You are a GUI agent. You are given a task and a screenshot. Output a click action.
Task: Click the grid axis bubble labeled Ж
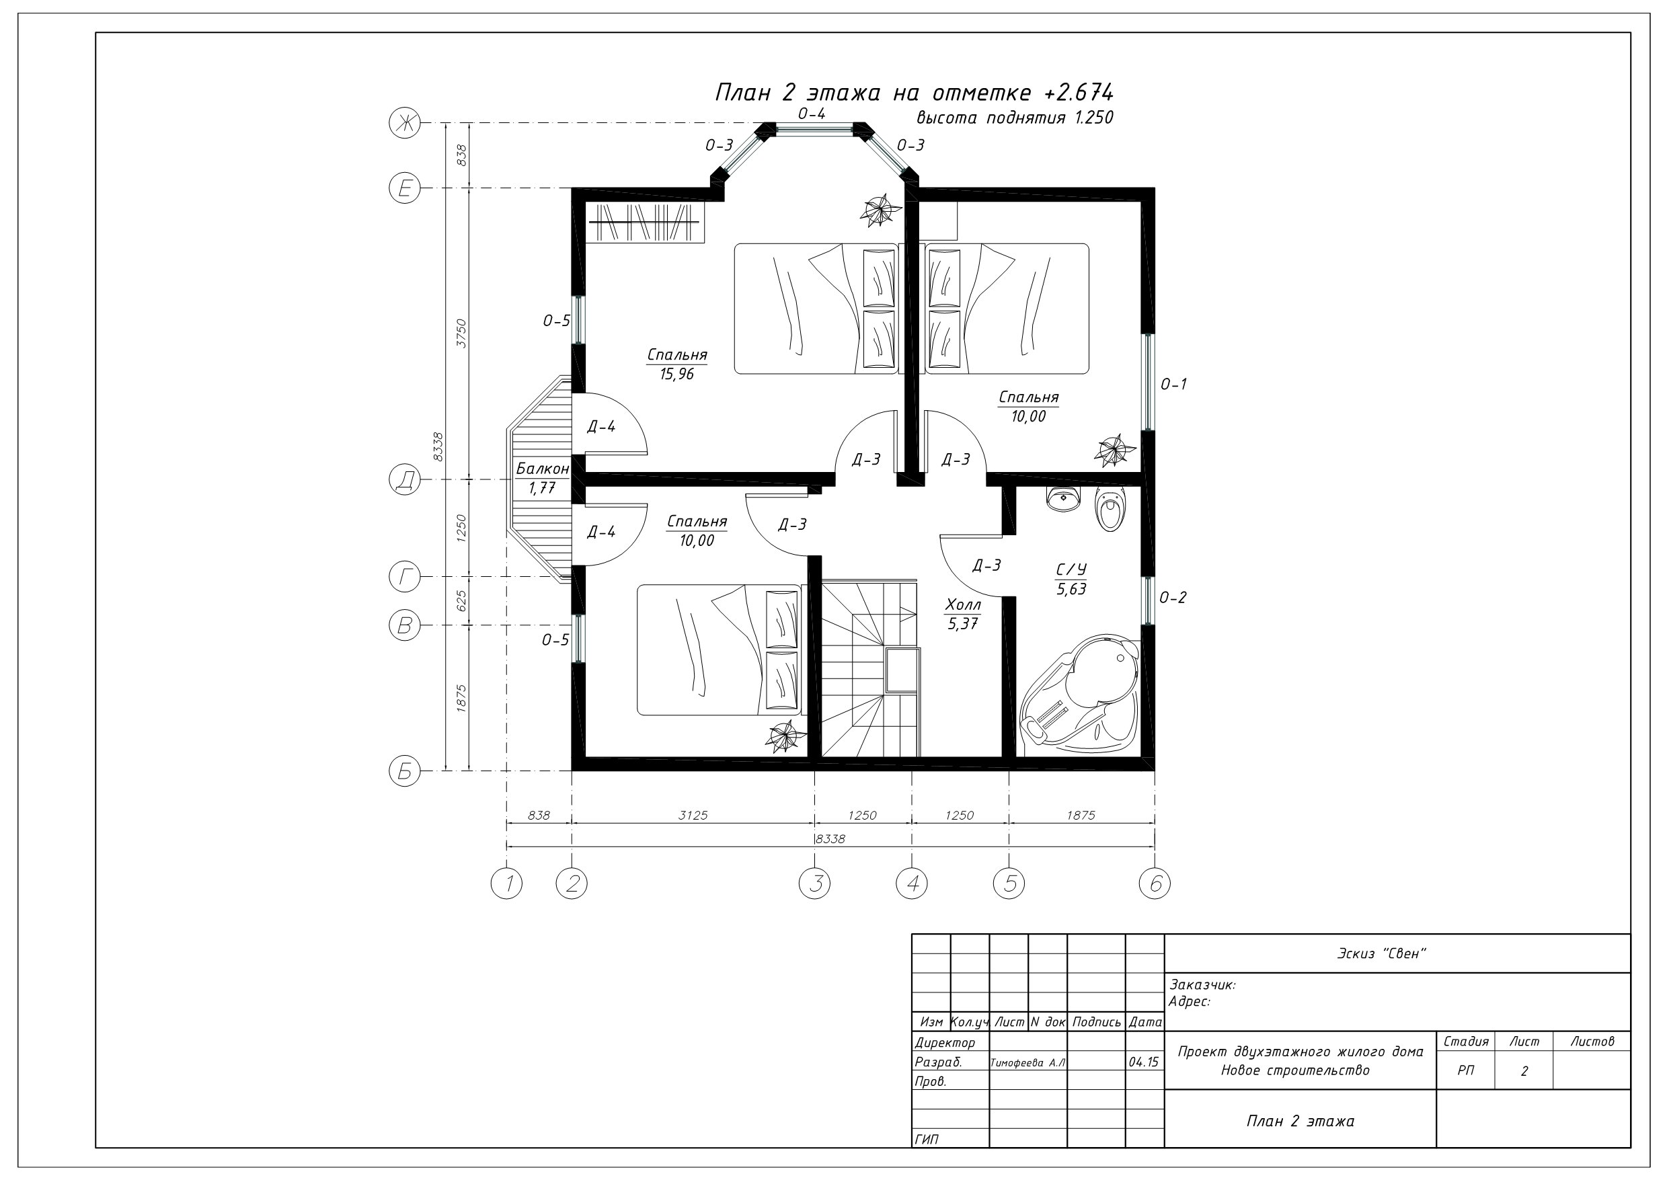[405, 123]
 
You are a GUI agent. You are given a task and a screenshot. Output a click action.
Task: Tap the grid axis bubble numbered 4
[913, 883]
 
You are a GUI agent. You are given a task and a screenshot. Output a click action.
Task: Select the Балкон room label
[542, 469]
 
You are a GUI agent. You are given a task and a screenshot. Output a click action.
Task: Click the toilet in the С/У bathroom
[1110, 509]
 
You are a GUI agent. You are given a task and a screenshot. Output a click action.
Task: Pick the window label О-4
[811, 114]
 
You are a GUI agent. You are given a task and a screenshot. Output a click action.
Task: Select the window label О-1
[1173, 384]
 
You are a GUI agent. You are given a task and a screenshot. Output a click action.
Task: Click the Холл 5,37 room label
[963, 614]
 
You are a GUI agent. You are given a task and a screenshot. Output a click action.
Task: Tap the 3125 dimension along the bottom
[693, 815]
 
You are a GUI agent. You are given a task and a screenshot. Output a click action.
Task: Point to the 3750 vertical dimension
[461, 333]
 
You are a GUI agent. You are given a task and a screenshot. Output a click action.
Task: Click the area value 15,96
[676, 375]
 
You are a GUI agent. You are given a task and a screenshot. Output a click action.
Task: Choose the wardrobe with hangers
[645, 222]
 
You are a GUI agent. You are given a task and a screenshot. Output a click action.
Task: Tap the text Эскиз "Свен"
[1382, 953]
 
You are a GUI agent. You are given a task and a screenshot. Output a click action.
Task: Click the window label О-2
[1173, 598]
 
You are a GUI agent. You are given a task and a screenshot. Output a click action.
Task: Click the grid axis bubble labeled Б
[405, 771]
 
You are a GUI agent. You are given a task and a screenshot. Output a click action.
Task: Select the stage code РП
[1465, 1071]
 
